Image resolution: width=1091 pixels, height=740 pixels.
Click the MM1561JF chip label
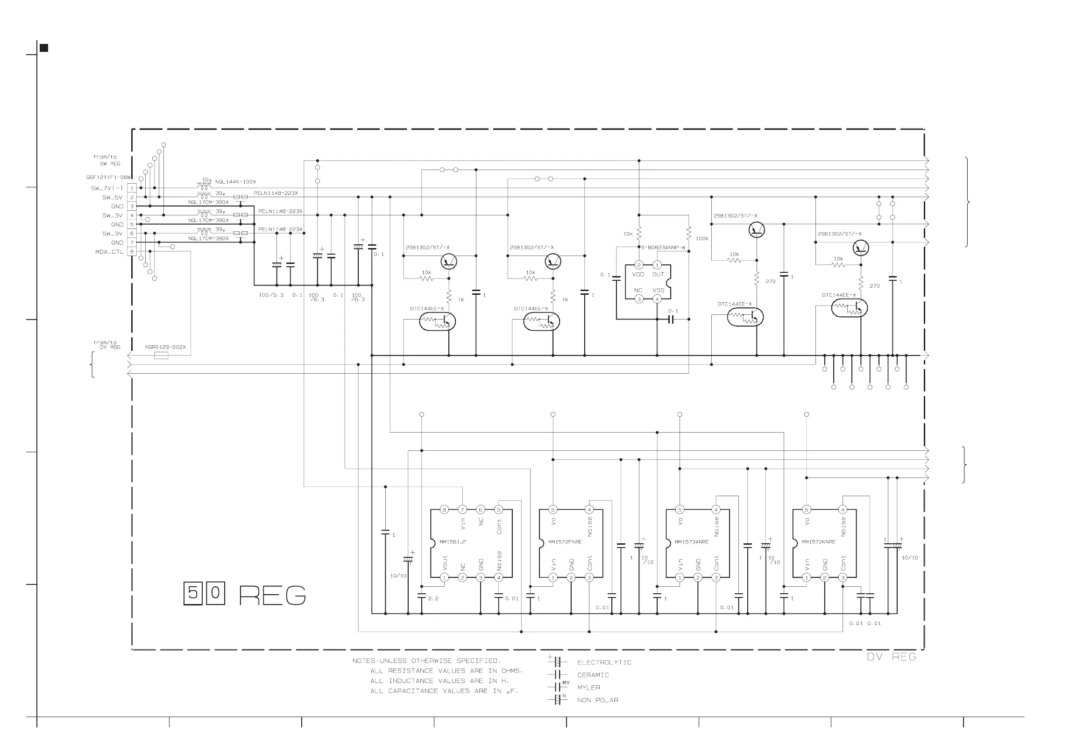[453, 542]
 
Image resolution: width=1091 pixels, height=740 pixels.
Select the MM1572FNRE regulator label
[565, 542]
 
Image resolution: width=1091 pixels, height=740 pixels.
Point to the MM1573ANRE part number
[692, 542]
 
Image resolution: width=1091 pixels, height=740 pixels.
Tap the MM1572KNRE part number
[818, 542]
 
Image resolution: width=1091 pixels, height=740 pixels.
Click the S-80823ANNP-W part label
[663, 248]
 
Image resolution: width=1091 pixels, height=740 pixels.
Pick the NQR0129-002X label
[165, 347]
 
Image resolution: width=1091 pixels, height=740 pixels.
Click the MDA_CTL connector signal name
[109, 252]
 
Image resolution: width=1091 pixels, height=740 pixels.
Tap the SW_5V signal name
[112, 197]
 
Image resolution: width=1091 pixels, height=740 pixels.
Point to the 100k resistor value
[702, 239]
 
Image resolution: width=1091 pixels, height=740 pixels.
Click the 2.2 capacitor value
[433, 598]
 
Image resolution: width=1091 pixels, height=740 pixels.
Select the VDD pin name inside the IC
[638, 275]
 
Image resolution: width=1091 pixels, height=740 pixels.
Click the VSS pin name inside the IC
[658, 290]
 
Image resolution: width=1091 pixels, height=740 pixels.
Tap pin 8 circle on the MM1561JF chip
[444, 510]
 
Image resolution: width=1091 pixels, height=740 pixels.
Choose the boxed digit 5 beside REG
[192, 593]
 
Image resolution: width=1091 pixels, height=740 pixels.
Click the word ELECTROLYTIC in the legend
[604, 662]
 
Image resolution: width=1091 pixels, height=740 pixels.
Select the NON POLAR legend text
[598, 700]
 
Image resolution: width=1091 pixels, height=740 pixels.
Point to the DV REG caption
[891, 657]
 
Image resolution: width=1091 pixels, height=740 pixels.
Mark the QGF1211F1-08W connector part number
[108, 178]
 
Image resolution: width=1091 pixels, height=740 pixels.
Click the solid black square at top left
[43, 48]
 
